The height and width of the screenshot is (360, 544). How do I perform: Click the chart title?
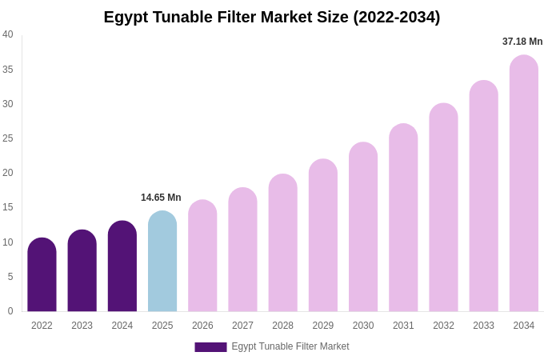(272, 17)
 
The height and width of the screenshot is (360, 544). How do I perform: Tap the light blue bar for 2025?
(162, 262)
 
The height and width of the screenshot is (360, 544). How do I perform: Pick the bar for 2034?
(524, 184)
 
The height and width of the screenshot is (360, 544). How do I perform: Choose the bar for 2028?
(282, 243)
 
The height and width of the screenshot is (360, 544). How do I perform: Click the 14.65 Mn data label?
(161, 198)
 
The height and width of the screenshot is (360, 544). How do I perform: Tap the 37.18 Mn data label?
(522, 42)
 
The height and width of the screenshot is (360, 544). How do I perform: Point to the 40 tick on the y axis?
(8, 34)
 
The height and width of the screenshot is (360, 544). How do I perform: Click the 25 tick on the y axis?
(8, 138)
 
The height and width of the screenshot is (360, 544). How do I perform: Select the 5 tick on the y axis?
(10, 277)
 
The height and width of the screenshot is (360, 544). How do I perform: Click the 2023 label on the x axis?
(82, 326)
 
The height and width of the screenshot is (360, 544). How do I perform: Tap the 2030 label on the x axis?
(363, 326)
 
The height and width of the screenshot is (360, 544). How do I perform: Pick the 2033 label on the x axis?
(483, 326)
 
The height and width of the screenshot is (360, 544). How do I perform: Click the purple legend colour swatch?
(210, 347)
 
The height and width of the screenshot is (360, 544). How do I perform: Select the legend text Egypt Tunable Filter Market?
(290, 346)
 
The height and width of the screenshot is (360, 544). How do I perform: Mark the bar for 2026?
(202, 256)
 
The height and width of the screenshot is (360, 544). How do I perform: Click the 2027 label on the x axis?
(242, 326)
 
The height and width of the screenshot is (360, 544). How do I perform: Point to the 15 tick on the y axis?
(8, 207)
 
